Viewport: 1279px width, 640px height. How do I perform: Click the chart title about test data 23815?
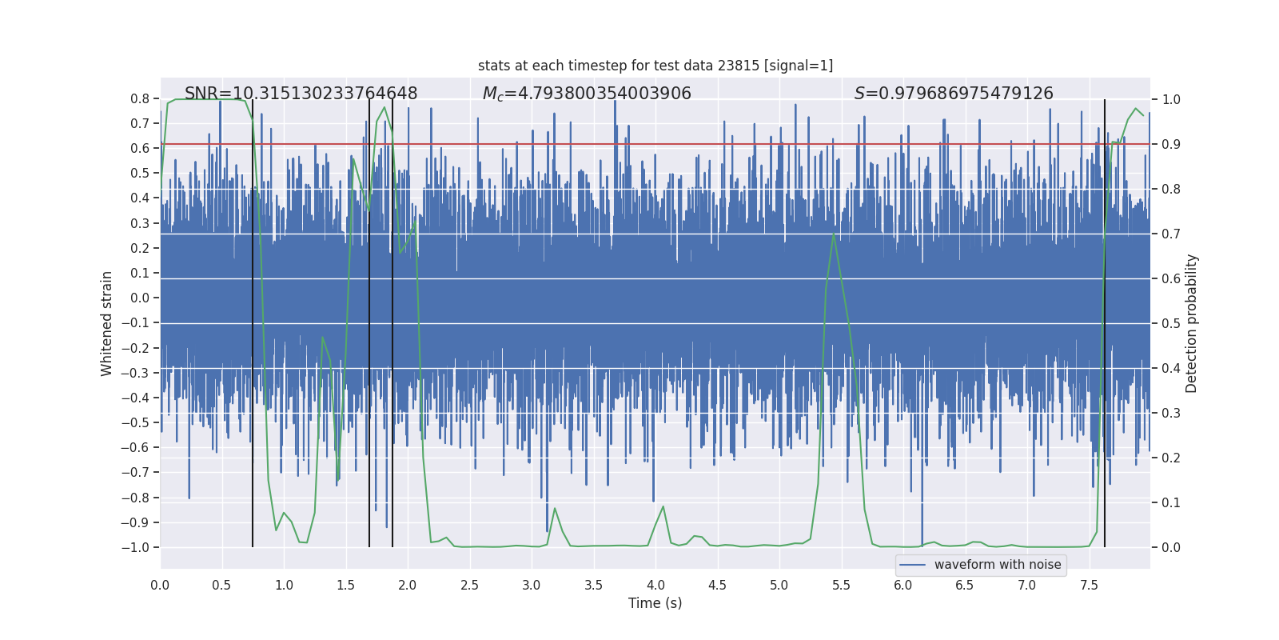click(x=655, y=66)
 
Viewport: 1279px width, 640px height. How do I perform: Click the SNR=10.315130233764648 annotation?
click(x=301, y=94)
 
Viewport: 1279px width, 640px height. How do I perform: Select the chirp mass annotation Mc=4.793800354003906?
click(x=587, y=94)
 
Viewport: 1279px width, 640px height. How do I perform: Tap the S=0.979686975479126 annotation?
click(x=954, y=94)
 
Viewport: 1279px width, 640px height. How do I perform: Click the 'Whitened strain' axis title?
click(x=107, y=323)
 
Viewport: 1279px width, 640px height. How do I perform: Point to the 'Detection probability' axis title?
click(x=1192, y=323)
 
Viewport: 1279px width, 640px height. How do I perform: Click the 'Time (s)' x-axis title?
click(x=655, y=603)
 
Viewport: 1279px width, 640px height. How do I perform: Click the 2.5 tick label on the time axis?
click(x=469, y=586)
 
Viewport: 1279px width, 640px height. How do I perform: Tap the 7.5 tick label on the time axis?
click(x=1089, y=586)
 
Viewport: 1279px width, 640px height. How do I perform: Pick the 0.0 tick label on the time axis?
click(x=160, y=586)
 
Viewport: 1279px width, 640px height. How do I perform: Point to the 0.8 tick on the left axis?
click(x=140, y=99)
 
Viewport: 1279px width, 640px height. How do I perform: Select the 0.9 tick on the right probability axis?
click(x=1171, y=145)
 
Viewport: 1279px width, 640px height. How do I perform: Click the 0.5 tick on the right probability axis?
click(x=1171, y=324)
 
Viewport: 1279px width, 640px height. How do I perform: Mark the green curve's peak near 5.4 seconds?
click(x=834, y=234)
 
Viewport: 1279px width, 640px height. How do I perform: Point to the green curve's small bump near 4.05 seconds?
click(x=663, y=506)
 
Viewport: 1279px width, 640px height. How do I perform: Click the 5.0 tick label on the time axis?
click(x=779, y=586)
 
